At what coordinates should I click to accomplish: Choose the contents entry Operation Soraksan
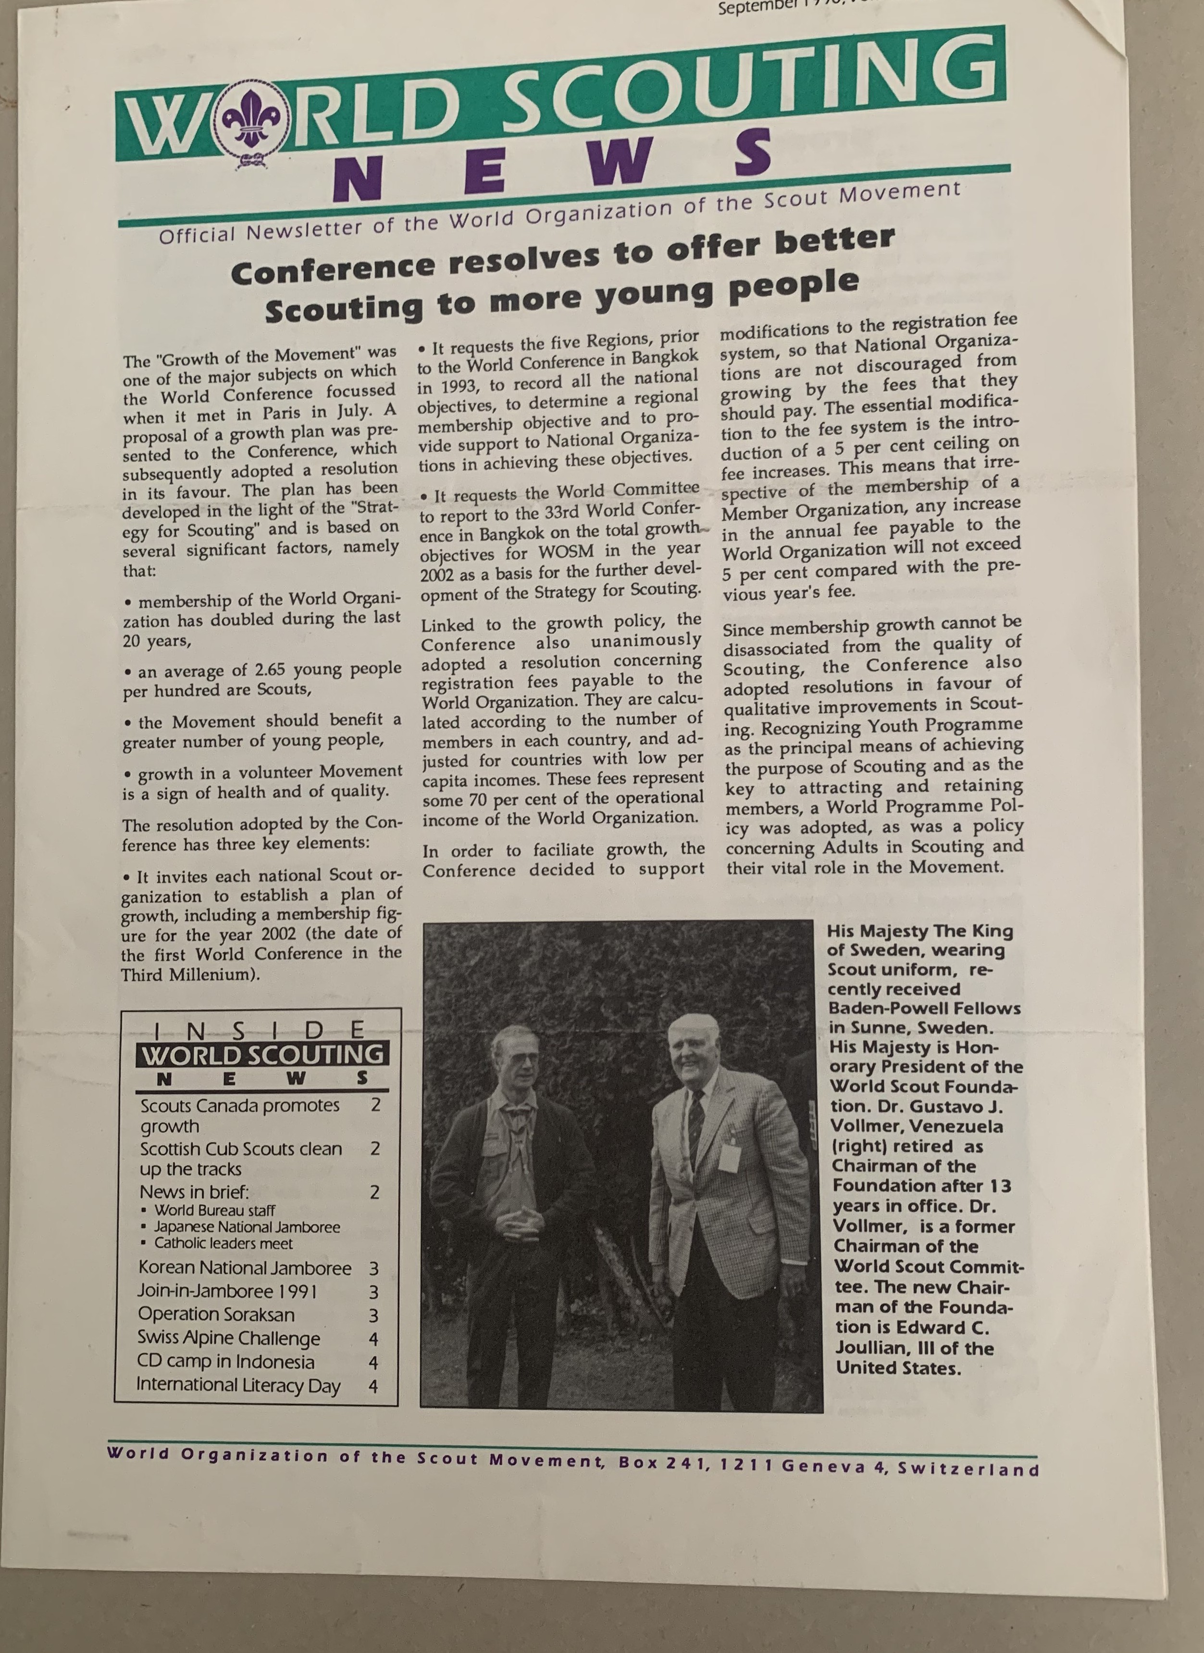coord(216,1315)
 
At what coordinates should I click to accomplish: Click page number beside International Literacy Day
coord(373,1386)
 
